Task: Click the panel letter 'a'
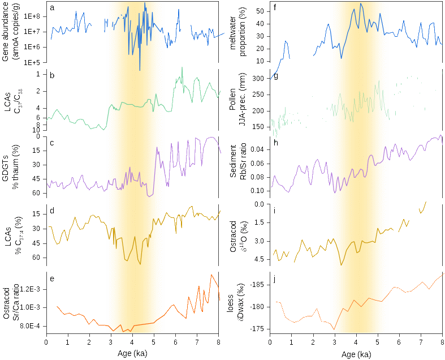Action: point(52,7)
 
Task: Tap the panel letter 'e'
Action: point(52,278)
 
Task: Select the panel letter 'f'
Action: point(275,7)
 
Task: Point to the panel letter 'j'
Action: point(274,278)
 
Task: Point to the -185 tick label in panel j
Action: point(260,285)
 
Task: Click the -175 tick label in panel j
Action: point(260,328)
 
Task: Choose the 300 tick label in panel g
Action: point(260,79)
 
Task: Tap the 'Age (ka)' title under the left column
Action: point(132,354)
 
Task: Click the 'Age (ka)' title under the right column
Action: point(356,354)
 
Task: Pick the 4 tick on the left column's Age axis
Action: point(132,342)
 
